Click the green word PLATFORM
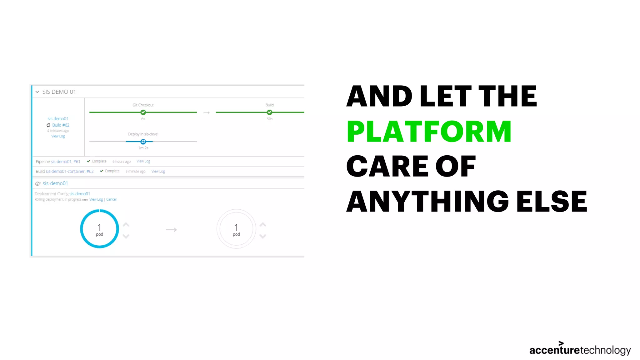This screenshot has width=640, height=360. click(429, 132)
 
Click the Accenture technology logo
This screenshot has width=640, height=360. click(580, 349)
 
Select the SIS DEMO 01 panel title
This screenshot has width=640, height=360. click(59, 92)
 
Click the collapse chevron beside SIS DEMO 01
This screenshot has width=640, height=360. click(37, 92)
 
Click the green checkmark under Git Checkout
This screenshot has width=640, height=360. click(143, 112)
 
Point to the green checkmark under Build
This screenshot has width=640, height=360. click(269, 112)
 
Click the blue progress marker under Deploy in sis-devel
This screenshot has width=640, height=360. click(143, 142)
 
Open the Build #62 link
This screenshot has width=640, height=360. click(61, 125)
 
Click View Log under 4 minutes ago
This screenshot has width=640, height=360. click(58, 136)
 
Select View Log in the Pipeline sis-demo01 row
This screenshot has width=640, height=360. click(143, 161)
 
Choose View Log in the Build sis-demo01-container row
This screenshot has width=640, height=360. click(158, 171)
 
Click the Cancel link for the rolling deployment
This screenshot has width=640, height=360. click(111, 199)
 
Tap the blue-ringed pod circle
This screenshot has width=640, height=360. click(99, 229)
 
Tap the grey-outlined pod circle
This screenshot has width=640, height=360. click(236, 229)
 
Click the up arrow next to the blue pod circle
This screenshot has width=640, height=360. click(126, 224)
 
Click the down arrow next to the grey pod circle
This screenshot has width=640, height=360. click(263, 237)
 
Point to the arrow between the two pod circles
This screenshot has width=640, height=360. click(171, 230)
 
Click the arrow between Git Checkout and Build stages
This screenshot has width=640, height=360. click(206, 112)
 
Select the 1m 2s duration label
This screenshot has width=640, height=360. click(143, 148)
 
